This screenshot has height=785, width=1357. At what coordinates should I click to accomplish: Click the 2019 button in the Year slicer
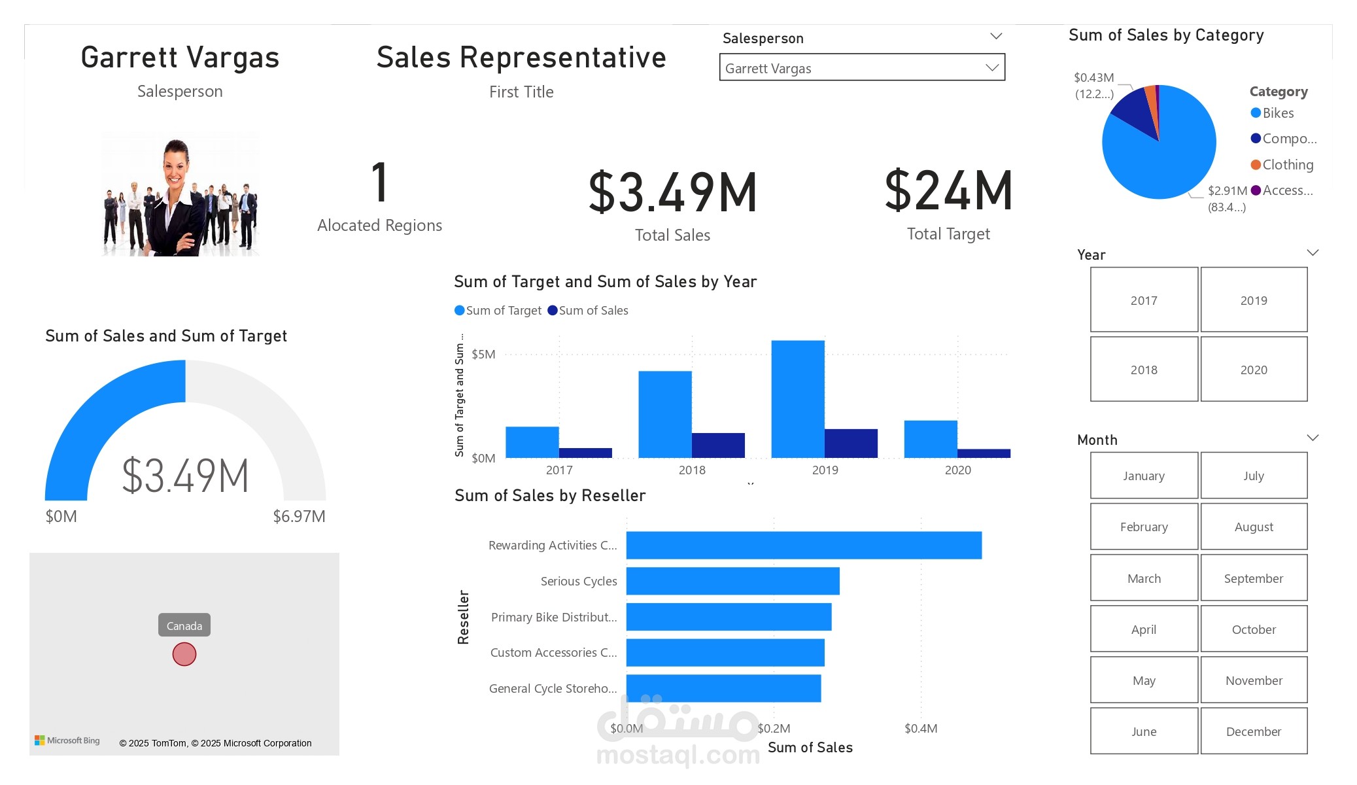click(x=1254, y=300)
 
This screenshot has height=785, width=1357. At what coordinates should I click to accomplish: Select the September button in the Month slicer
click(x=1254, y=578)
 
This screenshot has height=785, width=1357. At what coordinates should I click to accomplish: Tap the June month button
click(x=1144, y=731)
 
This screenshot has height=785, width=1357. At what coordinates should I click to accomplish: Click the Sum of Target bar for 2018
click(x=664, y=414)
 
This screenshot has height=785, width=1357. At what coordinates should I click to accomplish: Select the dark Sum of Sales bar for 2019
click(x=851, y=443)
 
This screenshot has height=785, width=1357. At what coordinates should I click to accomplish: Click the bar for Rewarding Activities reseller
click(x=804, y=545)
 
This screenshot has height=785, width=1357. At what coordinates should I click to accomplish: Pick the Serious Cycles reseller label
click(x=578, y=581)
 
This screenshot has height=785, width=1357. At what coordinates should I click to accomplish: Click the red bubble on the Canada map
click(x=184, y=654)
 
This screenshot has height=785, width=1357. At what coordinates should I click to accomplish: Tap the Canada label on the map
click(x=184, y=625)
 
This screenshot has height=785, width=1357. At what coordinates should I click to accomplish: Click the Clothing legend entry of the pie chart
click(x=1287, y=165)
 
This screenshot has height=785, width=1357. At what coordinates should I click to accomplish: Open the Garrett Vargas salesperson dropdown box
click(x=861, y=68)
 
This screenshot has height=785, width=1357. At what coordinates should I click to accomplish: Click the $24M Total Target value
click(x=948, y=191)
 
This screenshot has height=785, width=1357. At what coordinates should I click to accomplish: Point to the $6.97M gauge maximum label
click(x=299, y=516)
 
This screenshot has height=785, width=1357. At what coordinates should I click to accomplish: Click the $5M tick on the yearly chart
click(x=483, y=354)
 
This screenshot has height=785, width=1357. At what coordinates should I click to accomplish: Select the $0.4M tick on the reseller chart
click(x=921, y=728)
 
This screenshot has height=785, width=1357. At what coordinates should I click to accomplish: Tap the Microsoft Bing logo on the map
click(x=67, y=741)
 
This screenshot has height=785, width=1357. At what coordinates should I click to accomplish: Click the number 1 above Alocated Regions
click(x=380, y=183)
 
